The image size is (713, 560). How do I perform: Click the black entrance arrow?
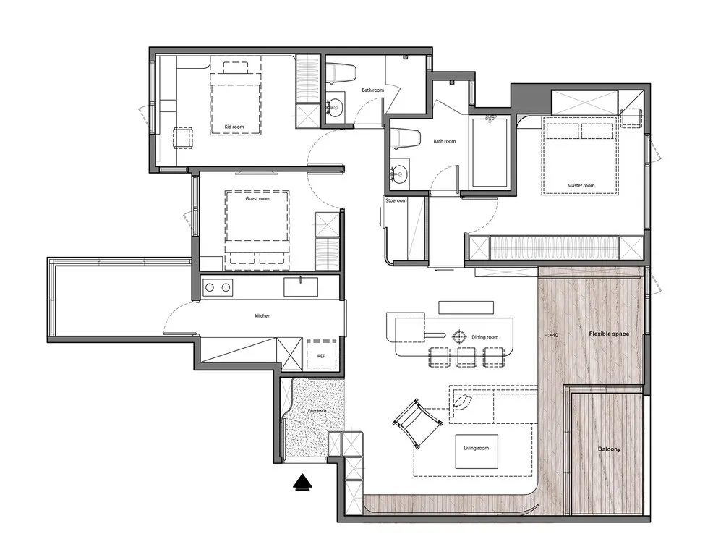(x=303, y=482)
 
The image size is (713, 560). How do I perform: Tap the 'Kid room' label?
(x=234, y=127)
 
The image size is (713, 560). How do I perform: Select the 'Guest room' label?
(x=258, y=199)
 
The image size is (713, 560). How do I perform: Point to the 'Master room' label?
(x=581, y=186)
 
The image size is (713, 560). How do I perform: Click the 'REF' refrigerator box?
(x=321, y=355)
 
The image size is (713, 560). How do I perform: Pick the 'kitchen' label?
(x=262, y=315)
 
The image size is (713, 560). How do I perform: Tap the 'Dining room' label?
(x=484, y=337)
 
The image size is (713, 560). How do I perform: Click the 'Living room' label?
(x=476, y=448)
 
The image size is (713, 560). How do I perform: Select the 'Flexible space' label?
(x=609, y=334)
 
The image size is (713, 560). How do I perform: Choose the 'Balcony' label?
(x=609, y=449)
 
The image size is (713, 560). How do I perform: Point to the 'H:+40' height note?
(x=551, y=335)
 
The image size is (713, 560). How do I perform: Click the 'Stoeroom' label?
(x=396, y=200)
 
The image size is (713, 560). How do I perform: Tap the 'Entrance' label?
(x=317, y=411)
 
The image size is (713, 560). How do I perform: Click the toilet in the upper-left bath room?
(x=341, y=74)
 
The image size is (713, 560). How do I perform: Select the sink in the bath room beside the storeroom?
(x=400, y=172)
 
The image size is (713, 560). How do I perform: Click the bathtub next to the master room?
(x=490, y=152)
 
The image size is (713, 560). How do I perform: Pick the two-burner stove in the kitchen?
(x=218, y=287)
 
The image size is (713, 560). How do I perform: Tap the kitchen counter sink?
(x=301, y=287)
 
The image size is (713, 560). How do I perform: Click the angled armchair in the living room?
(x=417, y=422)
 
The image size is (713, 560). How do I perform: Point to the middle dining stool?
(x=466, y=357)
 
